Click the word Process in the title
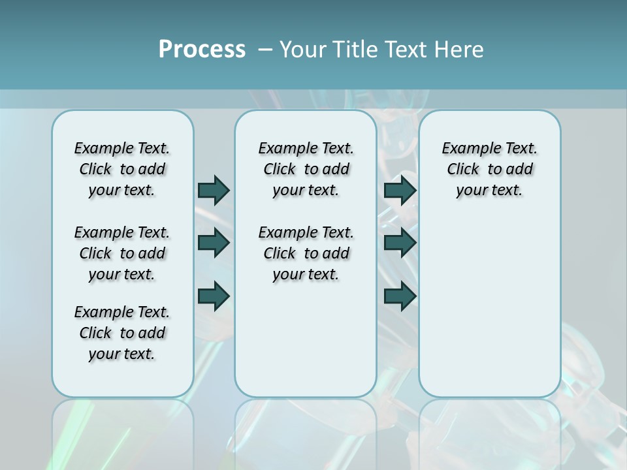point(202,49)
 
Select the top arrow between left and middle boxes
point(214,190)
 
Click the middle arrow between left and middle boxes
point(214,243)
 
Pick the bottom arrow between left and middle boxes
point(214,296)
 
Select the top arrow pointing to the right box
point(400,190)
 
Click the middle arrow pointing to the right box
point(400,243)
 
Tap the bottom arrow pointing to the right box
point(400,296)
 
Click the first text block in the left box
point(122,169)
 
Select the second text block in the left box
point(122,253)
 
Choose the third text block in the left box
point(122,333)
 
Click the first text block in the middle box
point(306,169)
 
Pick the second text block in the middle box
point(306,253)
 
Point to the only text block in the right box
point(489,169)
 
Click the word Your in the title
point(303,50)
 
